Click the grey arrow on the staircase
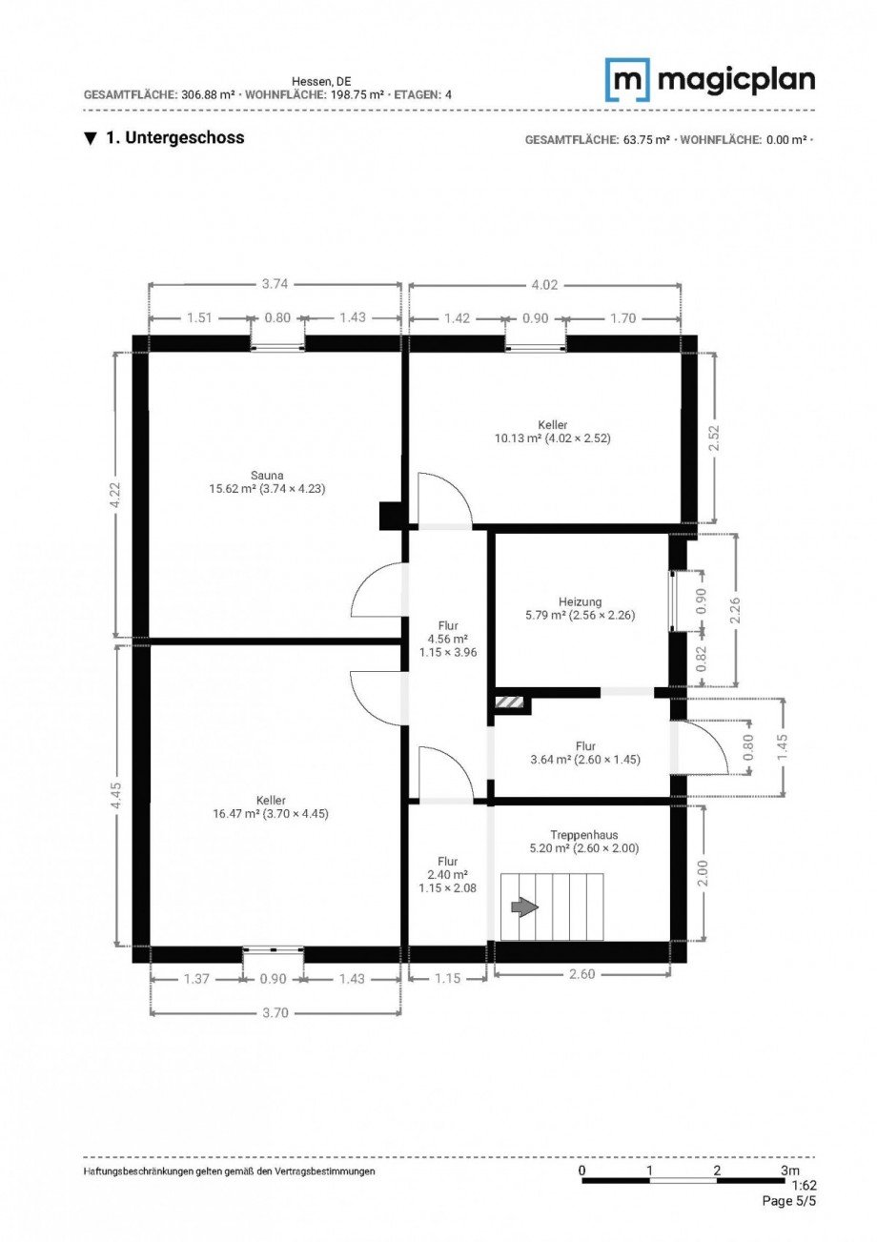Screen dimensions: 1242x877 [x=523, y=906]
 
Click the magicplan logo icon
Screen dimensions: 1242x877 [x=627, y=80]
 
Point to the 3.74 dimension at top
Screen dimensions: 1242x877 [x=275, y=283]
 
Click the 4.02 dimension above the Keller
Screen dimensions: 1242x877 [x=544, y=283]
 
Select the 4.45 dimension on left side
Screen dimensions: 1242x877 [x=116, y=795]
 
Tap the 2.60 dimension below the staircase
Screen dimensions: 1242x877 [x=581, y=974]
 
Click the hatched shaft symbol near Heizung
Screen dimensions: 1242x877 [x=510, y=703]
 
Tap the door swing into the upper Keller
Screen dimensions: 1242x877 [x=444, y=498]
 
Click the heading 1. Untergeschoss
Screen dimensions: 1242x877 [x=174, y=138]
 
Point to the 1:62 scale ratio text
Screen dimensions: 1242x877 [x=803, y=1187]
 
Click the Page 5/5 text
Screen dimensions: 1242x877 [x=788, y=1201]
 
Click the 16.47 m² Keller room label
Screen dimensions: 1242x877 [x=271, y=807]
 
